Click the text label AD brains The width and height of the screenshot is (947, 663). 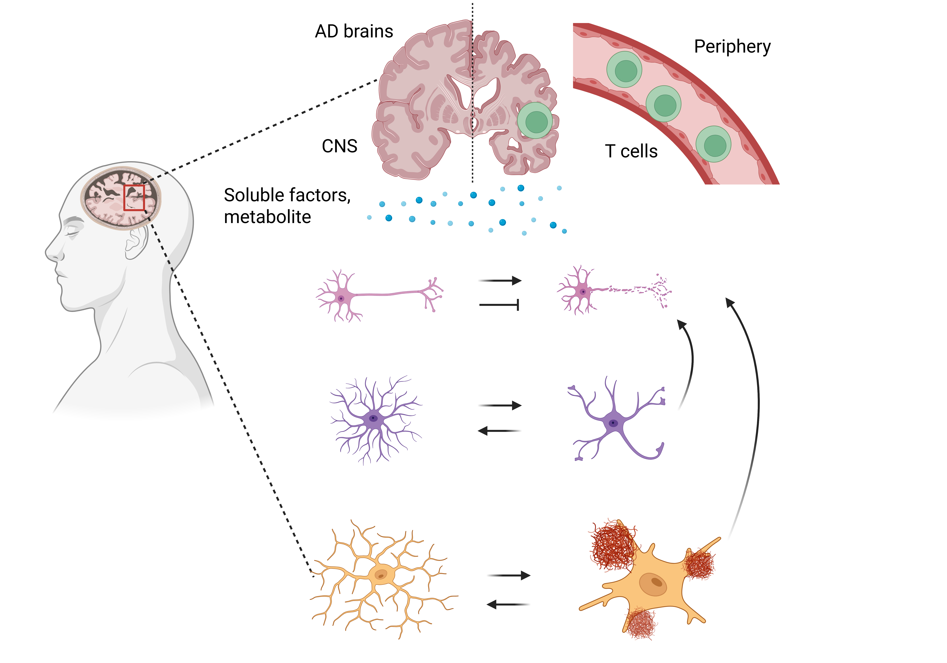[354, 31]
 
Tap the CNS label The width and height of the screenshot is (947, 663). [339, 146]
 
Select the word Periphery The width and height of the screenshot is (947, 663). [732, 47]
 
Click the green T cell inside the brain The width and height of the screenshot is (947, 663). [535, 120]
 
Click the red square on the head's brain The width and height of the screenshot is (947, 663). [134, 198]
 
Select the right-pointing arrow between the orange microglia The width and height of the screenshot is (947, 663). [509, 575]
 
